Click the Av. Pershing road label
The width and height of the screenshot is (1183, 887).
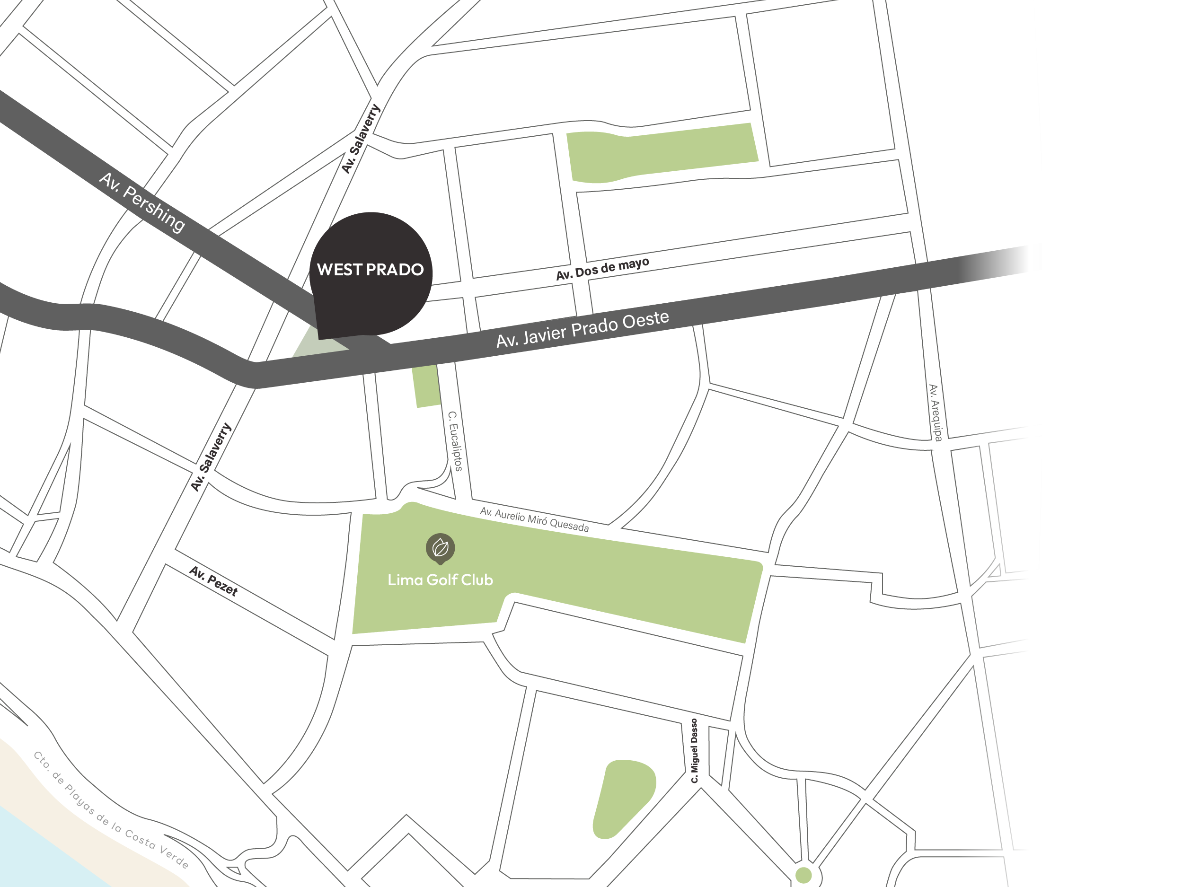[x=142, y=202]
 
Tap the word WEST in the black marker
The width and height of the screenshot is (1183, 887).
[x=340, y=270]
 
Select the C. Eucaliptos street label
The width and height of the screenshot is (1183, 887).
[x=455, y=441]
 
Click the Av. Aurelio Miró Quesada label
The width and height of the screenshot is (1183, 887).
[x=534, y=519]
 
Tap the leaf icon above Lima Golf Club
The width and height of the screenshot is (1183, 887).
[x=440, y=548]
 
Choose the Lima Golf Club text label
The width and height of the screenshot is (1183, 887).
[x=440, y=580]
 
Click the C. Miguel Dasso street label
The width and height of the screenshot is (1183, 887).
[x=694, y=751]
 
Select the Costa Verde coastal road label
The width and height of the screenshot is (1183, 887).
[x=111, y=810]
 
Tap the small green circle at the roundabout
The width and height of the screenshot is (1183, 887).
[x=803, y=875]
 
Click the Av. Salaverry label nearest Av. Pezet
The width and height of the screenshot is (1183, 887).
[x=211, y=457]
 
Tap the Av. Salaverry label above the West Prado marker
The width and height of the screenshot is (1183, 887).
[x=361, y=139]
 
